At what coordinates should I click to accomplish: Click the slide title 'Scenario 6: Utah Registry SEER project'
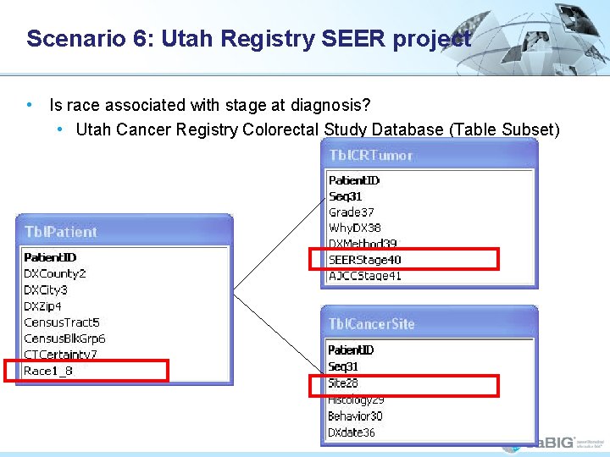point(248,39)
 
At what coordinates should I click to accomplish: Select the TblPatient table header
point(61,232)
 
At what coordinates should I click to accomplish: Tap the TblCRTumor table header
point(371,155)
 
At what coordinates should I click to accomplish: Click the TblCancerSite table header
point(372,323)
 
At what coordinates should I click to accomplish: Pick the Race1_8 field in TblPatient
point(48,371)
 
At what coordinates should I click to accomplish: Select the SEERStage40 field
point(364,260)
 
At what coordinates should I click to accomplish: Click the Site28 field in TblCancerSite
point(343,383)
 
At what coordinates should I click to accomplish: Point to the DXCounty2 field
point(55,273)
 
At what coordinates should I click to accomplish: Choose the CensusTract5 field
point(62,322)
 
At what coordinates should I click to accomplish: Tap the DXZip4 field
point(43,306)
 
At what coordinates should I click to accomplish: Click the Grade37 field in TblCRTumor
point(351,212)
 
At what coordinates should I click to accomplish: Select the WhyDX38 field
point(355,228)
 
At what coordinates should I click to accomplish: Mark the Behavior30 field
point(355,416)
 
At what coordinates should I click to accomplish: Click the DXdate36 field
point(352,432)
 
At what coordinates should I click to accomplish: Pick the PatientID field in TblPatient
point(50,257)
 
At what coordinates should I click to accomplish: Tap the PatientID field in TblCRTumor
point(354,180)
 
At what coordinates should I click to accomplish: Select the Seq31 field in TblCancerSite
point(343,366)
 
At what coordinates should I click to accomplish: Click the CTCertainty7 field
point(60,355)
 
